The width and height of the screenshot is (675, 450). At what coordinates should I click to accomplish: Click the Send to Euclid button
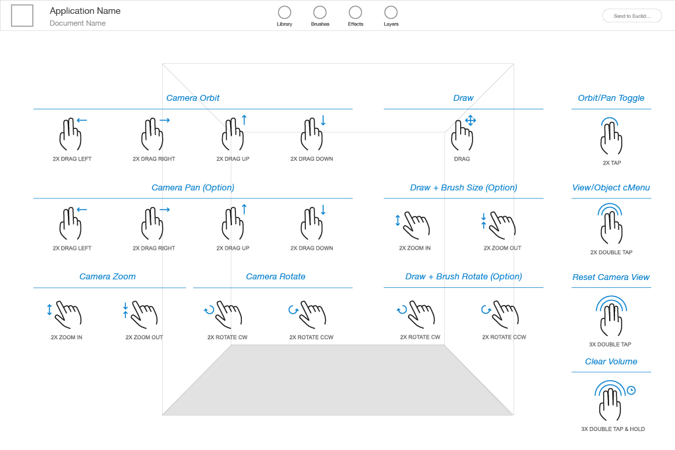(x=631, y=16)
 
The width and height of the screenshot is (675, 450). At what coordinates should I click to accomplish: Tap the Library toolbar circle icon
(x=285, y=13)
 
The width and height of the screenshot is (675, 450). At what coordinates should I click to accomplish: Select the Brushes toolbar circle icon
(x=320, y=13)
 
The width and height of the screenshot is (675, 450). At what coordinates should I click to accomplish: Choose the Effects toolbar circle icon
(x=355, y=13)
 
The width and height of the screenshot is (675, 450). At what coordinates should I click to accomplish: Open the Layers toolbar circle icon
(x=391, y=13)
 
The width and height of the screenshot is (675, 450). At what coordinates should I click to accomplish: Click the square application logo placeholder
(x=22, y=16)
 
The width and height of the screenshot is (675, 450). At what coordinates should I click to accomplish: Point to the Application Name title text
(x=85, y=11)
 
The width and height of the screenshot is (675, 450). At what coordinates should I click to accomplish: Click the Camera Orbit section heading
(x=192, y=98)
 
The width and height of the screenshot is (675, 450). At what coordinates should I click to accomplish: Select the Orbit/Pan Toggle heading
(x=611, y=98)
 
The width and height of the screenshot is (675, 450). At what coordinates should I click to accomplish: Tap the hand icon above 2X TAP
(x=611, y=137)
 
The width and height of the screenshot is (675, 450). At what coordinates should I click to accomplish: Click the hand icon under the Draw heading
(x=463, y=134)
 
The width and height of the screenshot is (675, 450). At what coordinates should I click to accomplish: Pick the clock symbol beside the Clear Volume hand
(x=631, y=390)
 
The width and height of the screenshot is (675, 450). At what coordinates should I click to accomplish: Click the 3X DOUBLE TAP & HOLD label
(x=613, y=429)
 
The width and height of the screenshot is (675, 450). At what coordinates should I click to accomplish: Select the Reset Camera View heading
(x=611, y=277)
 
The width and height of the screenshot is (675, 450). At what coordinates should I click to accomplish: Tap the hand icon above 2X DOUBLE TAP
(x=611, y=225)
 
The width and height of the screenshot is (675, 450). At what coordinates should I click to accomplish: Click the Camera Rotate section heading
(x=276, y=277)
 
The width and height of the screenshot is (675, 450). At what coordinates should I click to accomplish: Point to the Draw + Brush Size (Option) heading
(x=463, y=188)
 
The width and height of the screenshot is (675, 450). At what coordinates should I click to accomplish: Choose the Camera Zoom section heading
(x=107, y=277)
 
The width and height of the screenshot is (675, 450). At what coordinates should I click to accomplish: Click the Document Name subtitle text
(x=78, y=24)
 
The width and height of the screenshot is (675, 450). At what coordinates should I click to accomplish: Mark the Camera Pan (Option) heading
(x=192, y=188)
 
